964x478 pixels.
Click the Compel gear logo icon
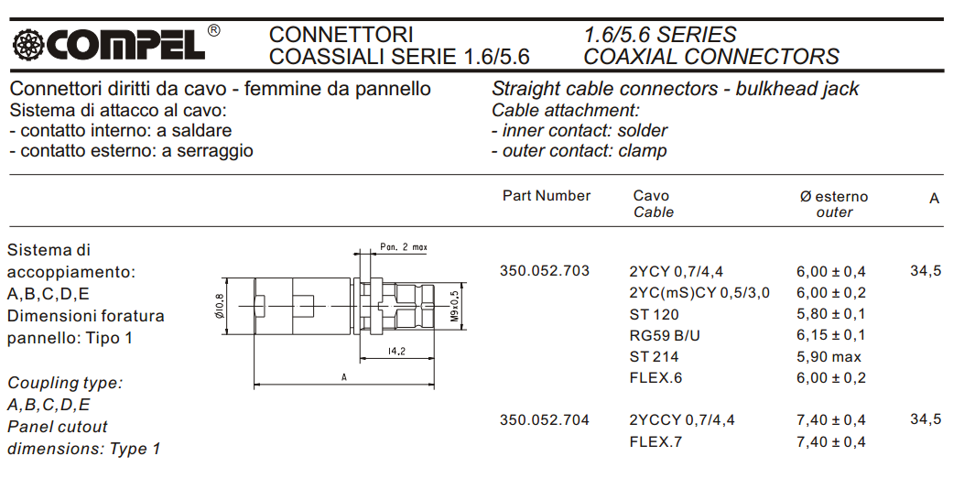point(27,44)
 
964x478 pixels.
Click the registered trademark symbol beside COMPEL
point(213,31)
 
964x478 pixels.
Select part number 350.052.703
point(545,271)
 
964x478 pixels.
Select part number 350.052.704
point(545,419)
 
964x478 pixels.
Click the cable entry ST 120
point(655,314)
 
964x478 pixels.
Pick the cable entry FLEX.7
point(656,441)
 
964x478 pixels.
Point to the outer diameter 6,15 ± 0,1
point(830,335)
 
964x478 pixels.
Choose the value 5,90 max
point(829,357)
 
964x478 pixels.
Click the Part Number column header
point(547,196)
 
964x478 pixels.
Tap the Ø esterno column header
point(834,196)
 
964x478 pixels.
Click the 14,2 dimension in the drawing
point(396,352)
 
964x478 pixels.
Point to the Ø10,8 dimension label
point(220,306)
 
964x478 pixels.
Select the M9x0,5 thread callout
point(454,306)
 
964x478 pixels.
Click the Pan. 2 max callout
point(404,247)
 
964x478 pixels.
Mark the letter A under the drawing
point(343,377)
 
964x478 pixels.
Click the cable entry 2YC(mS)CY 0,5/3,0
point(699,292)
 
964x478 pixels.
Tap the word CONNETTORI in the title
point(341,35)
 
